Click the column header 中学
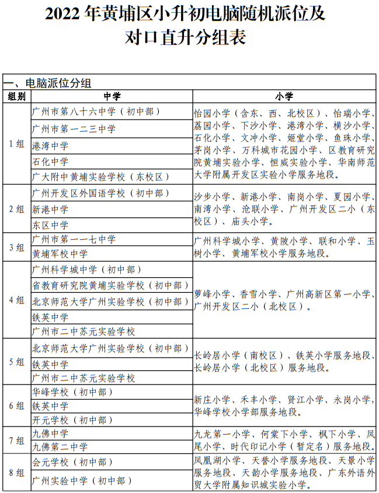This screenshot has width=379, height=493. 112,96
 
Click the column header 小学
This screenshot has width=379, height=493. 284,96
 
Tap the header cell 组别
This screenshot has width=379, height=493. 17,96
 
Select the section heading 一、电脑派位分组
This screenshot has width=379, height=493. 48,83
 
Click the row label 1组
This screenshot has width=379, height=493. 17,144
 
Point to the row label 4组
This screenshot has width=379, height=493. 17,300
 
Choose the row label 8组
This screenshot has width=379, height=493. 17,471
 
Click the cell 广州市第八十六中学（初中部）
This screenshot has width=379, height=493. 96,111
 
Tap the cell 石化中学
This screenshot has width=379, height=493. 50,162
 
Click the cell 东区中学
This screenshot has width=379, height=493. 50,225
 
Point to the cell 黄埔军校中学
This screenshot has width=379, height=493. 60,254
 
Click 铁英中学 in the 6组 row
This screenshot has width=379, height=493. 50,406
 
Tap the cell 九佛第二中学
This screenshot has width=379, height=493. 60,447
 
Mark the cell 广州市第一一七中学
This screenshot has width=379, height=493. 74,239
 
